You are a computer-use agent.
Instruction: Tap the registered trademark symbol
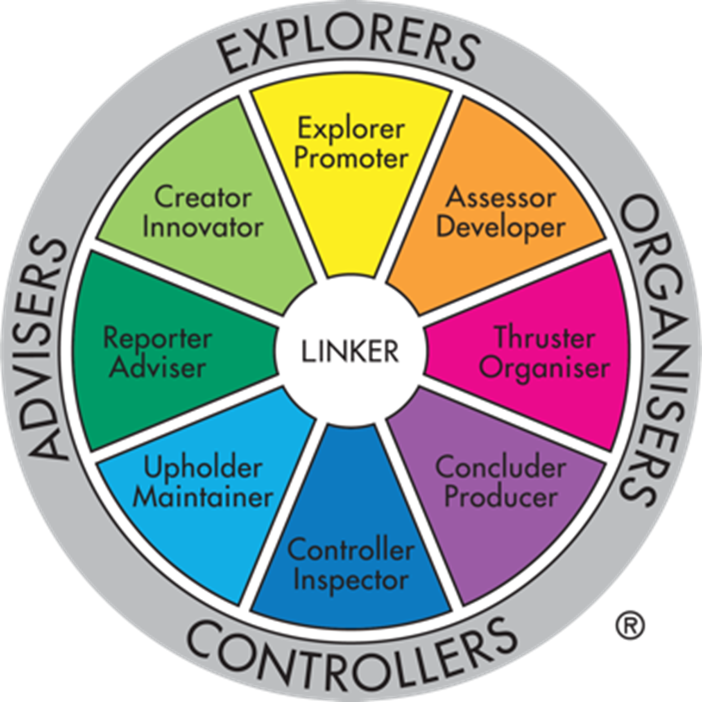(x=630, y=625)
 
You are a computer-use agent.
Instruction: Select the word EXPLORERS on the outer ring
(x=349, y=47)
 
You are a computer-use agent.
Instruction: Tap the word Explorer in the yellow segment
(x=351, y=129)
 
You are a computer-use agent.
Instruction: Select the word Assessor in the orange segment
(x=501, y=198)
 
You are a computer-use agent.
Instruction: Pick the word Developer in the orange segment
(x=501, y=228)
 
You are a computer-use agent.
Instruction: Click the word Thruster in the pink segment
(x=543, y=337)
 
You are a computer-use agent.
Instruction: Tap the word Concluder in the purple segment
(x=500, y=467)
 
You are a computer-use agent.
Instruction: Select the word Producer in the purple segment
(x=501, y=496)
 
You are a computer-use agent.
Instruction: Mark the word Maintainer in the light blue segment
(x=203, y=496)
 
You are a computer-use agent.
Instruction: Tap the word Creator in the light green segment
(x=203, y=197)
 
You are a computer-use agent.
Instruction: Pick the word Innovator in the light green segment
(x=203, y=227)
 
